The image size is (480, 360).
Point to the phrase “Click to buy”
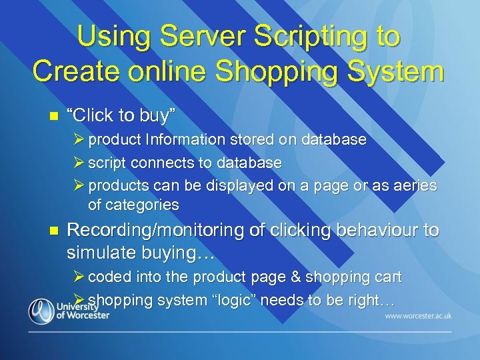121,115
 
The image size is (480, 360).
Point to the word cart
388,277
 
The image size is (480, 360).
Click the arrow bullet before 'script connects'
79,163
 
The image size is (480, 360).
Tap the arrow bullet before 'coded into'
79,277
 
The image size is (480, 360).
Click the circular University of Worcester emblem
41,311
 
